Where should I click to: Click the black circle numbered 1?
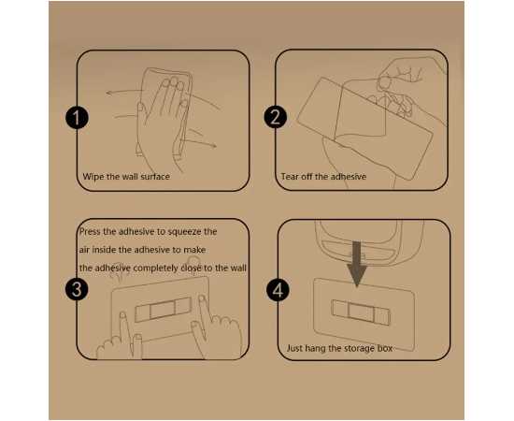click(x=77, y=117)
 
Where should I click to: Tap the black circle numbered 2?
click(x=276, y=117)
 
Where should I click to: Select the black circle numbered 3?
click(x=77, y=289)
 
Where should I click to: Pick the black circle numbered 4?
click(x=278, y=290)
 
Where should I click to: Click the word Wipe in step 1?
click(x=93, y=177)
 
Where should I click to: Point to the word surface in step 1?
click(x=155, y=177)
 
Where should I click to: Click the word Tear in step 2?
click(x=290, y=177)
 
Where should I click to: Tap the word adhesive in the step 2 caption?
click(x=349, y=177)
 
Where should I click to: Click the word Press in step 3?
click(x=90, y=232)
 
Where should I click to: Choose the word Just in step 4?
click(x=294, y=348)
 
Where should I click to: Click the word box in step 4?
click(x=385, y=348)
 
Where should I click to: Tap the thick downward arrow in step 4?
click(x=357, y=264)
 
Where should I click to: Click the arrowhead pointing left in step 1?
click(x=109, y=94)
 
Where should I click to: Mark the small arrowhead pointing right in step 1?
click(x=213, y=145)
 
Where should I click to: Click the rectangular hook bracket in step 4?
click(x=360, y=312)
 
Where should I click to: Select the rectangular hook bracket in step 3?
click(x=163, y=310)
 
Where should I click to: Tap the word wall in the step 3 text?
click(x=238, y=269)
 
